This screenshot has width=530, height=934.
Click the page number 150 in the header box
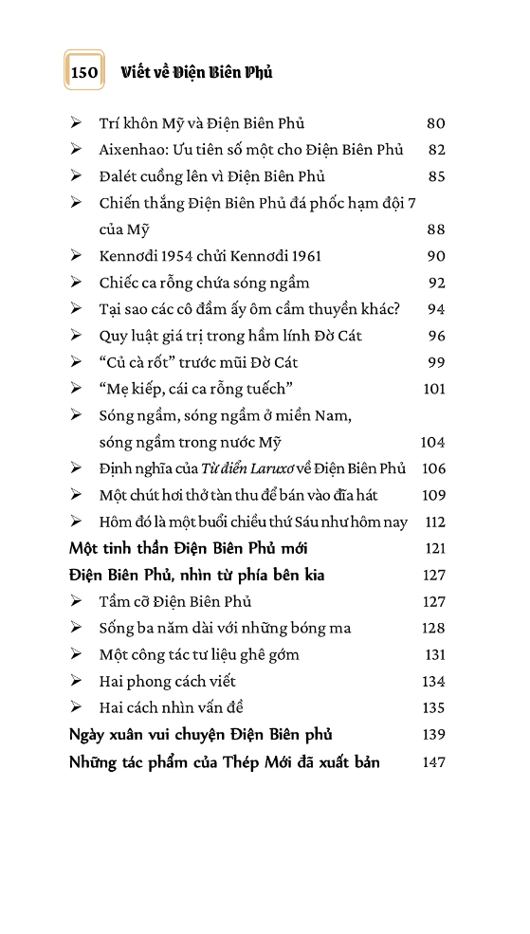84,72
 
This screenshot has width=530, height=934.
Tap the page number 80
436,123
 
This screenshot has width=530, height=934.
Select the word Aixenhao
130,150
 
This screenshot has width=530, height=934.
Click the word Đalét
119,176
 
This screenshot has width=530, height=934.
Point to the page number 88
436,229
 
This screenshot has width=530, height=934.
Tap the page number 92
436,283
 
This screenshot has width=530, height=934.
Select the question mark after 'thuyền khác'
397,309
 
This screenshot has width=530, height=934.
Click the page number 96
436,336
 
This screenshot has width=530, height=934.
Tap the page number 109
433,495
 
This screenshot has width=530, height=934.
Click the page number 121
434,548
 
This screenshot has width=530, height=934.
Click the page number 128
433,628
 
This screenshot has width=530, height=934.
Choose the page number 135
433,707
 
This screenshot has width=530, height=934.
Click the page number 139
434,734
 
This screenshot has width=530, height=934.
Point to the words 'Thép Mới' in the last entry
265,762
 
